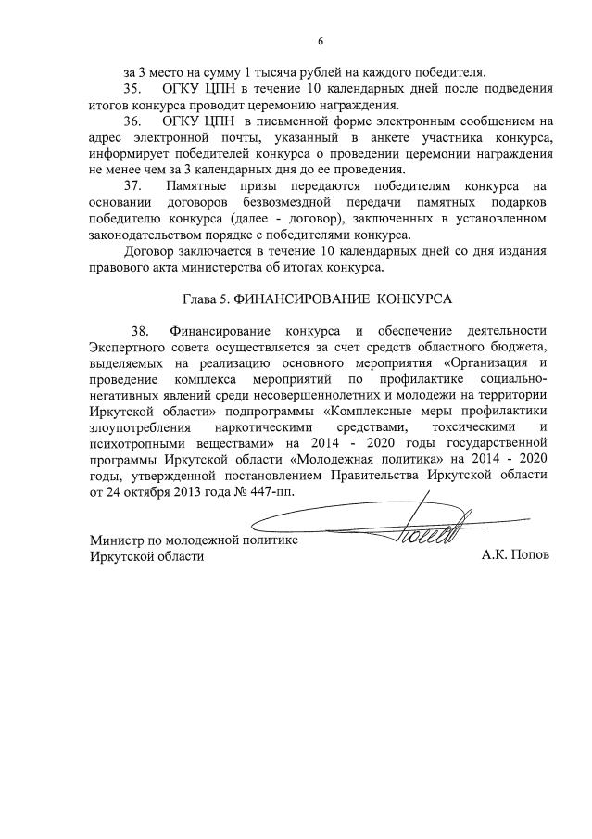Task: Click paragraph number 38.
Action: click(x=141, y=330)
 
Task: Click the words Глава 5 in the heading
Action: click(x=203, y=299)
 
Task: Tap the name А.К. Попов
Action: click(x=515, y=555)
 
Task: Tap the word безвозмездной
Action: click(x=291, y=203)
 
